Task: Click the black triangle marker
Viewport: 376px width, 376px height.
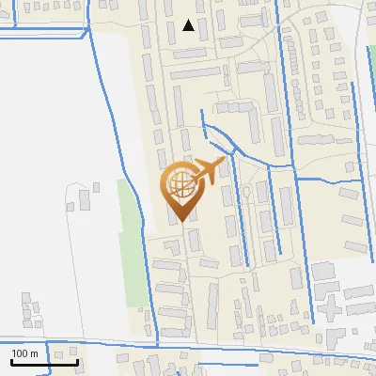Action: click(189, 25)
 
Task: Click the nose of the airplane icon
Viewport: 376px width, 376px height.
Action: click(223, 163)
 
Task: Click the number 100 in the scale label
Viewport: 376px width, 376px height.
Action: click(21, 353)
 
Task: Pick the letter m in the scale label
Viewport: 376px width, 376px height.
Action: click(34, 353)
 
